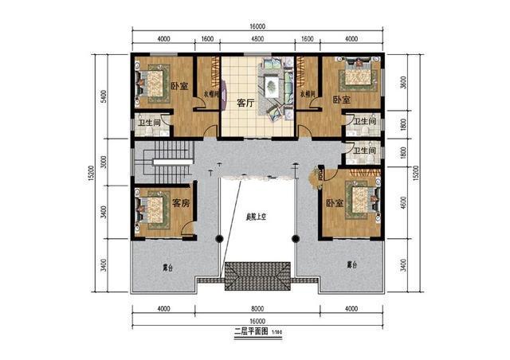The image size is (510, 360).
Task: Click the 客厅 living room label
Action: [245, 103]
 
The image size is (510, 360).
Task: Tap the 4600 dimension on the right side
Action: [405, 204]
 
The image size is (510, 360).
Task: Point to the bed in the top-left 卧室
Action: [151, 81]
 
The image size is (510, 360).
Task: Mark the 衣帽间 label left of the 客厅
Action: [209, 93]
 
